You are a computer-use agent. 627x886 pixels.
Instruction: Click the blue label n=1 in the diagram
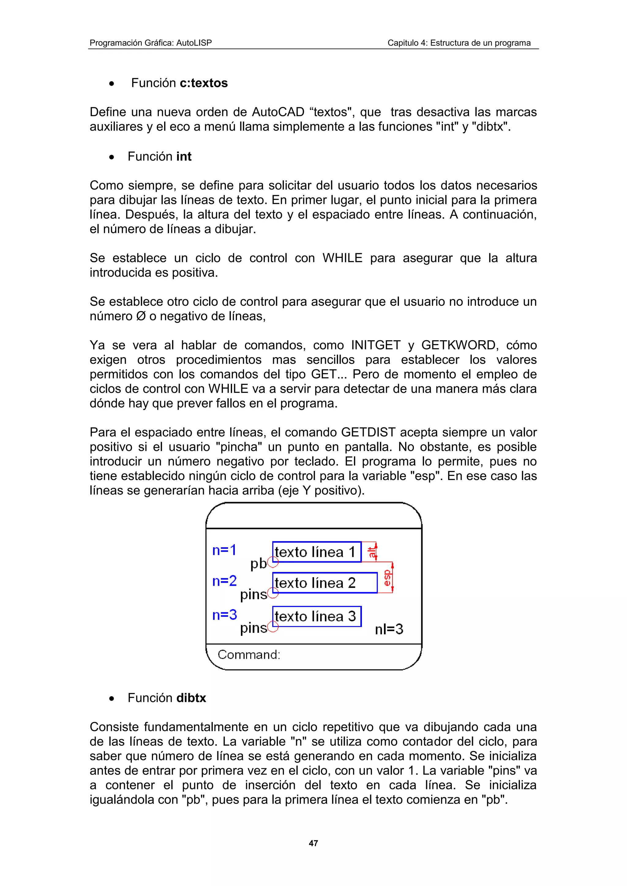click(x=224, y=550)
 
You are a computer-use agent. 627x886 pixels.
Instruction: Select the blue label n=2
click(x=224, y=581)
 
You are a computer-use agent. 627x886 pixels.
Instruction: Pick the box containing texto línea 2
click(x=325, y=583)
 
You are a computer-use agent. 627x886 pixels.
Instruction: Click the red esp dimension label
click(x=387, y=578)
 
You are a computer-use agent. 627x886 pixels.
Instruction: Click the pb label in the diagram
click(x=258, y=564)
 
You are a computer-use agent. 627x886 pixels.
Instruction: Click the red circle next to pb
click(x=273, y=562)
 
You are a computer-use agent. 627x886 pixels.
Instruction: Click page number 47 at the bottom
click(x=313, y=843)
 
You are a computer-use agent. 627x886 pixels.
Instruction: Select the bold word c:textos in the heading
click(x=204, y=83)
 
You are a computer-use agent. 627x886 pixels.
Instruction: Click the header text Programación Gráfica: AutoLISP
click(x=151, y=43)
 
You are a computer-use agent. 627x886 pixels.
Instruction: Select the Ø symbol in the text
click(x=141, y=316)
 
